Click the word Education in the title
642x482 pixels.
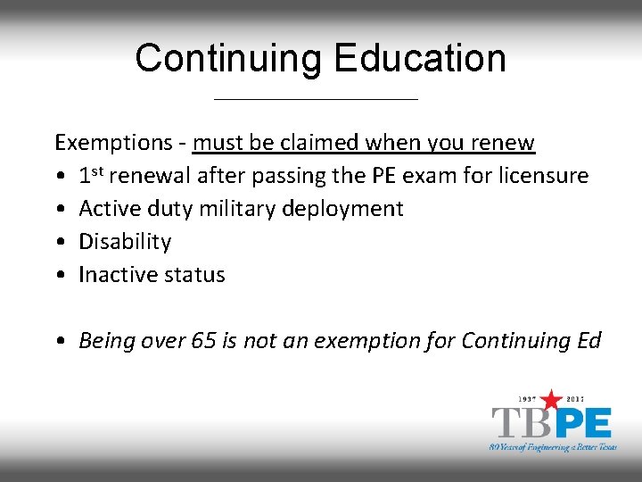point(419,59)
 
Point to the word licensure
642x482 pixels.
point(543,176)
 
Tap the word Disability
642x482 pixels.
point(125,242)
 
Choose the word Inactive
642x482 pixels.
point(113,275)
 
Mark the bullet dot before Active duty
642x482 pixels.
point(59,210)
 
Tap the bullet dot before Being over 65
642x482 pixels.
point(59,341)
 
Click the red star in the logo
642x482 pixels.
point(552,399)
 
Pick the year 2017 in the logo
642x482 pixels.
point(581,398)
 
